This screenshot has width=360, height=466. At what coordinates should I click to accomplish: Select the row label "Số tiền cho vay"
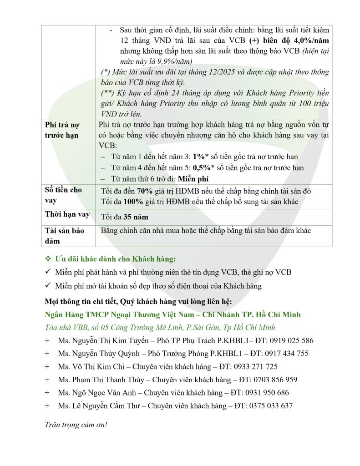(x=63, y=195)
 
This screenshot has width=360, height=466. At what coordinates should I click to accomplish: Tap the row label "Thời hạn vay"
(x=67, y=214)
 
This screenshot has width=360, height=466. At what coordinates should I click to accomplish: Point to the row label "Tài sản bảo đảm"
(x=64, y=235)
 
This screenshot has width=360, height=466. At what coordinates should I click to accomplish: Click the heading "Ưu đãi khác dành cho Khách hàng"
(x=115, y=259)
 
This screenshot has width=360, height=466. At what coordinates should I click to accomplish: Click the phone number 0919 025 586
(x=292, y=340)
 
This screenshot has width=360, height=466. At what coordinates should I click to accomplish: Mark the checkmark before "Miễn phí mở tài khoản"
(x=48, y=286)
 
